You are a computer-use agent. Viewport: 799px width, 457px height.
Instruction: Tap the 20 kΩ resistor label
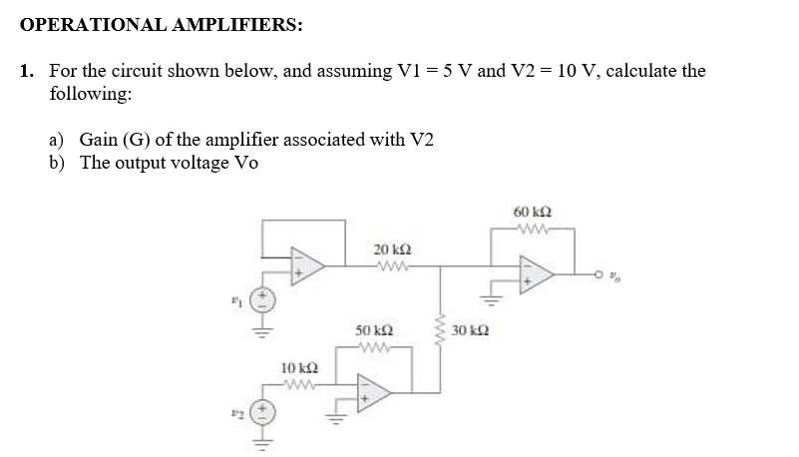click(389, 247)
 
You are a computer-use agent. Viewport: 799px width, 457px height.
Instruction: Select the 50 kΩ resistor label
click(374, 329)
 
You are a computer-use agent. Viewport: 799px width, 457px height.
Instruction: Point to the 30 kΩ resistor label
click(470, 329)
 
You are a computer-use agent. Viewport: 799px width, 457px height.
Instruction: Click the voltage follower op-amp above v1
click(308, 263)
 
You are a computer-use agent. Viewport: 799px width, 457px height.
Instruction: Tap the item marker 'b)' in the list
click(60, 163)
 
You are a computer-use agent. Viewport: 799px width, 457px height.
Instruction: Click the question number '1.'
click(28, 71)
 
